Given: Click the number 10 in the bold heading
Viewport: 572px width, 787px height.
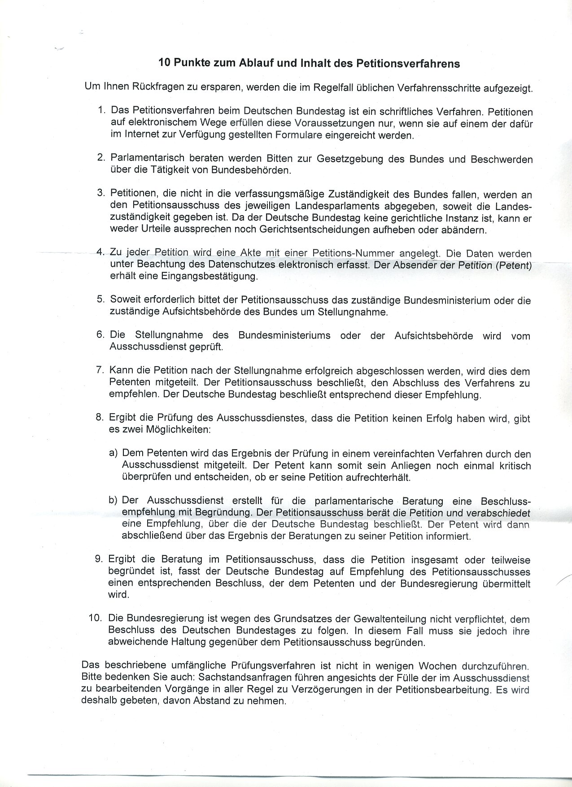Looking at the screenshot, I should (x=164, y=63).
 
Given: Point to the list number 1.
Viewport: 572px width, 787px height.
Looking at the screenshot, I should (x=101, y=110).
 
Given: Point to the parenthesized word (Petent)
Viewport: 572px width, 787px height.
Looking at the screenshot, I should (x=514, y=265).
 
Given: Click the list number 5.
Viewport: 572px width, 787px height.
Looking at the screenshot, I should (x=100, y=299).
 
